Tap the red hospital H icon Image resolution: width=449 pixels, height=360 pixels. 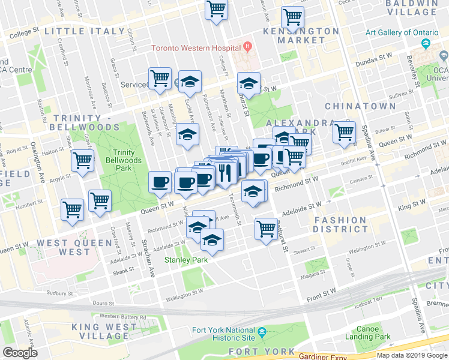click(247, 46)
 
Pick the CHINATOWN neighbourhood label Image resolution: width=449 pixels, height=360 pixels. click(360, 106)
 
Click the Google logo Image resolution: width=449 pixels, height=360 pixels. click(20, 352)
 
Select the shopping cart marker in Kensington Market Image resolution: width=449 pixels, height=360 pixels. click(292, 16)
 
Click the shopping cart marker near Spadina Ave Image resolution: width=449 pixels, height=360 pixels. click(345, 131)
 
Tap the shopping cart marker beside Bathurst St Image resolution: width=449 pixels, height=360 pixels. click(266, 227)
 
